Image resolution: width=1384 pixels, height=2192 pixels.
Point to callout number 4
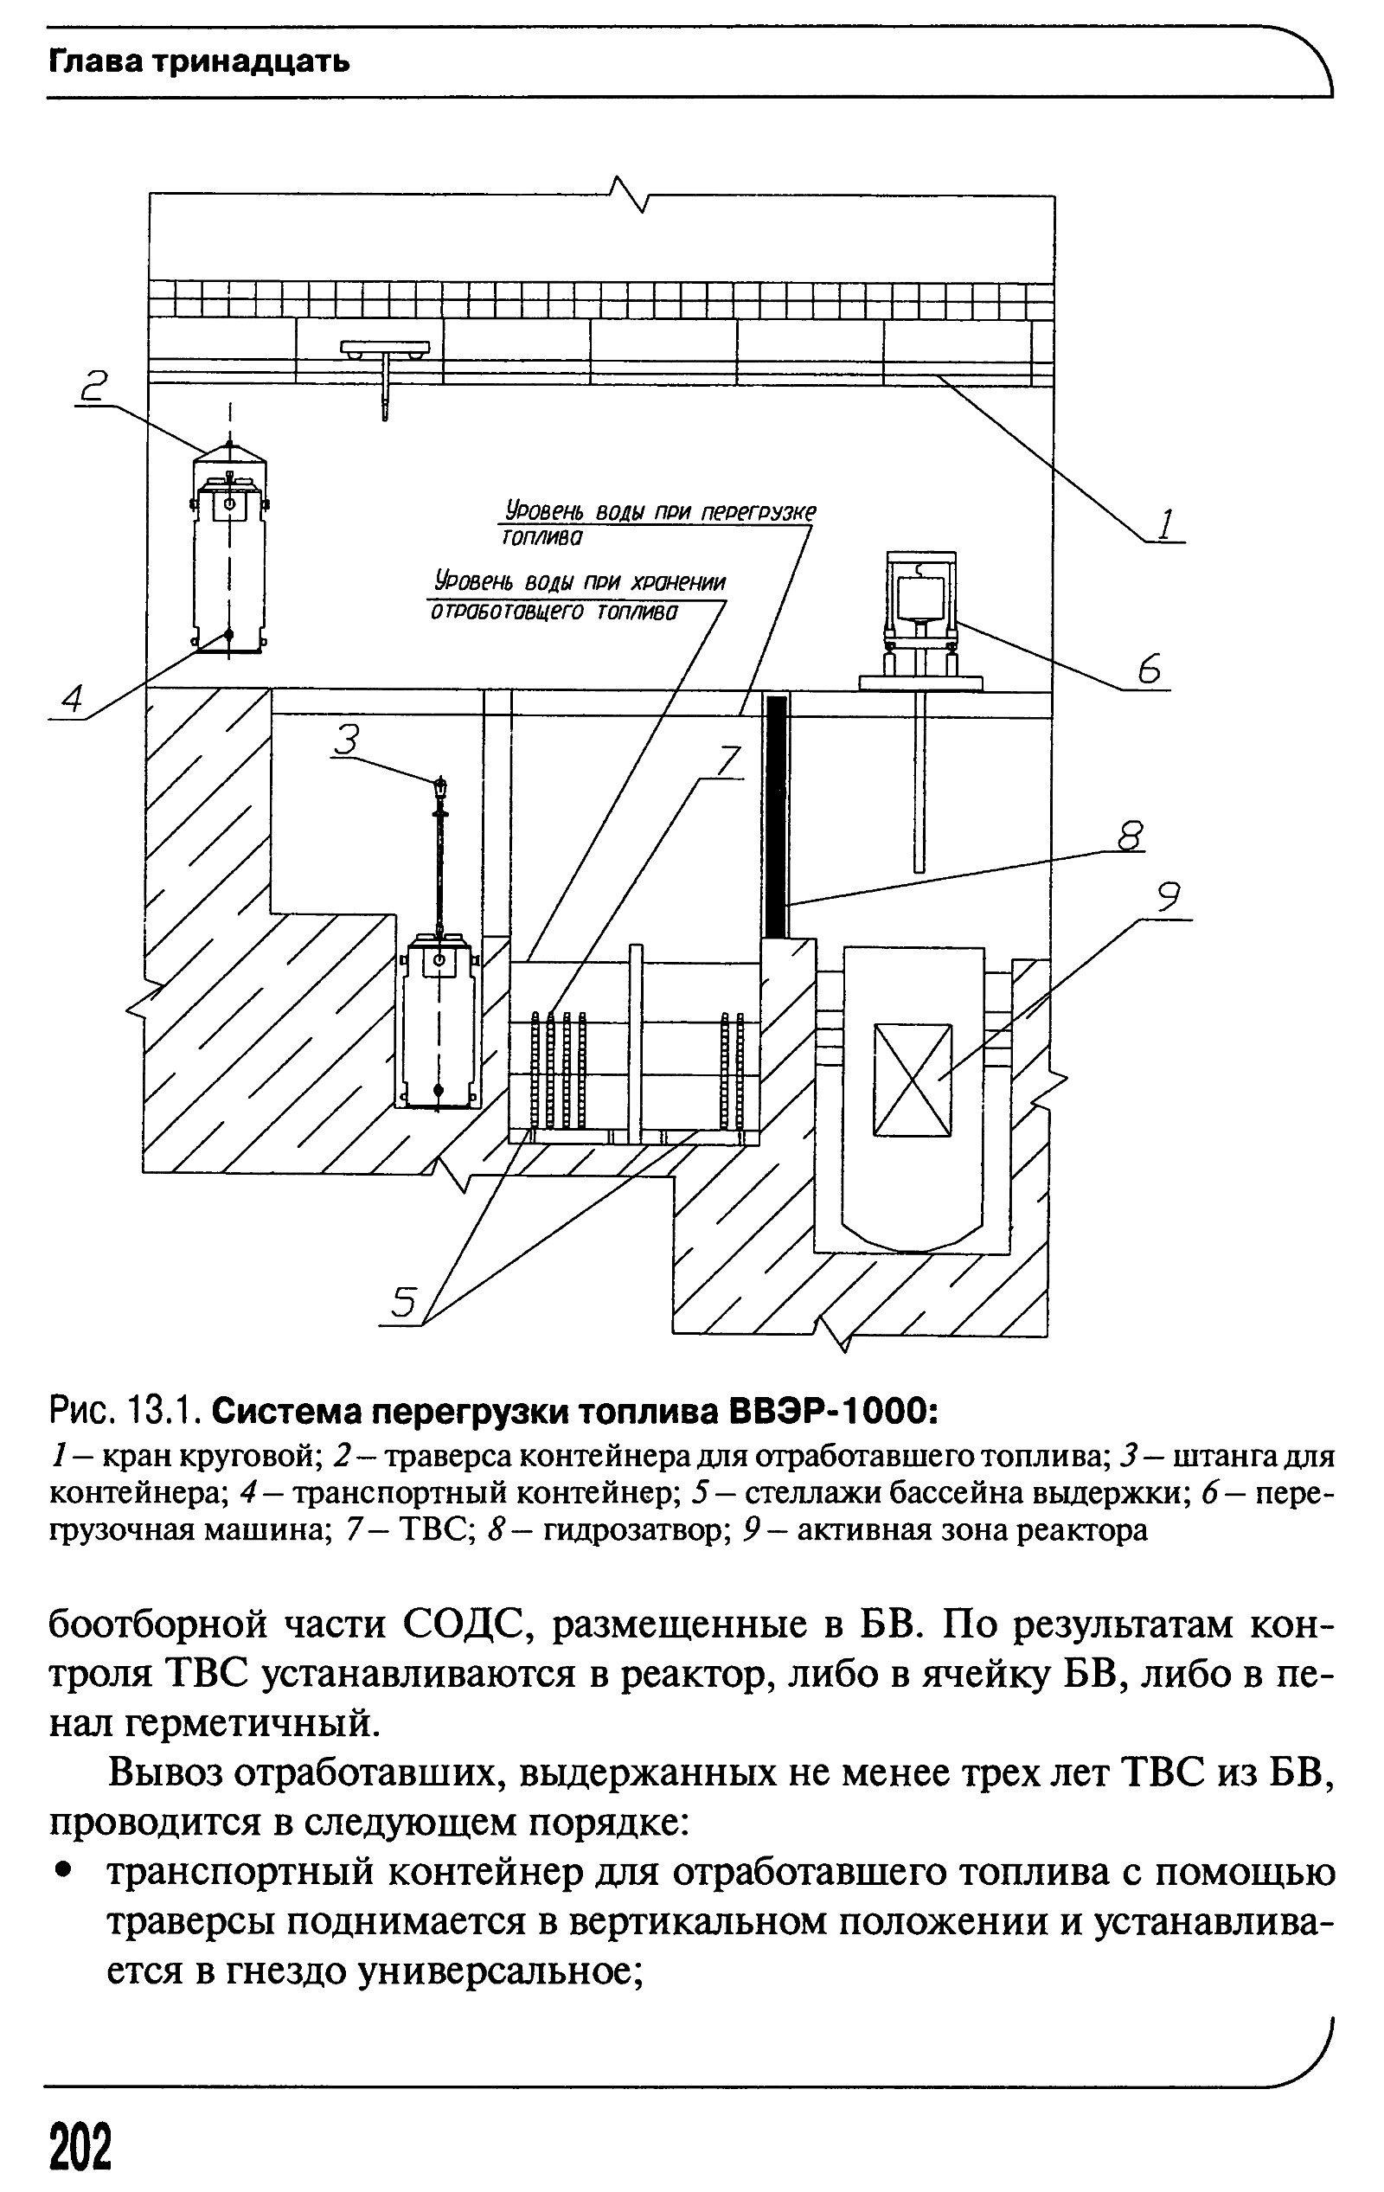[x=72, y=699]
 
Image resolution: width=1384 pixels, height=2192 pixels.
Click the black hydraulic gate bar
[x=776, y=817]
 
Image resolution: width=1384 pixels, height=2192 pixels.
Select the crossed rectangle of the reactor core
[x=913, y=1080]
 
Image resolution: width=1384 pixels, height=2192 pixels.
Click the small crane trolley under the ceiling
[x=385, y=347]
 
